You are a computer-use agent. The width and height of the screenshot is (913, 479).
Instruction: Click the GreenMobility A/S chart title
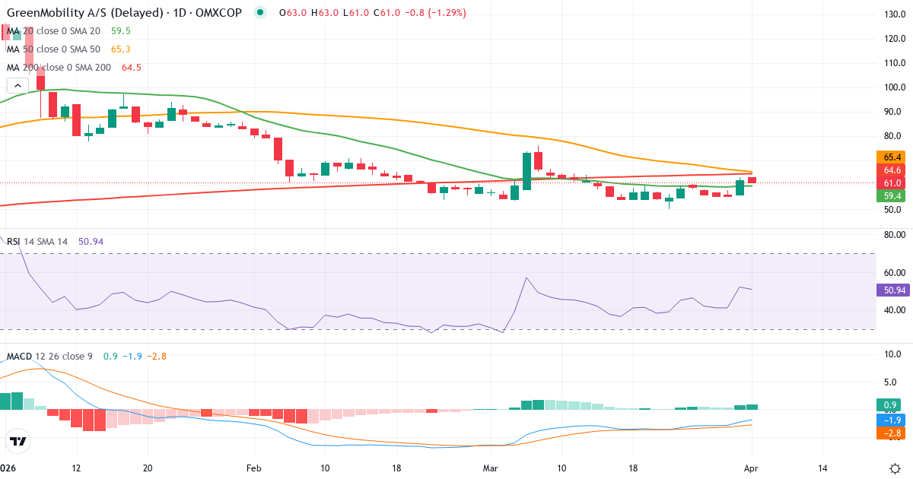(x=84, y=13)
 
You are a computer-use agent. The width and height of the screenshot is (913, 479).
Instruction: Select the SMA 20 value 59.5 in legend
(x=120, y=31)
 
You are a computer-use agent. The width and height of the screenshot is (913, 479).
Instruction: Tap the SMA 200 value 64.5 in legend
(x=131, y=67)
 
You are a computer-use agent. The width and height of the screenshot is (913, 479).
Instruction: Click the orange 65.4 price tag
(x=892, y=157)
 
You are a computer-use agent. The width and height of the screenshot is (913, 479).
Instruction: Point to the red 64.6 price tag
(x=892, y=170)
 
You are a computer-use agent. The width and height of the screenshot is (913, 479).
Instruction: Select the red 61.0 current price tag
(x=892, y=183)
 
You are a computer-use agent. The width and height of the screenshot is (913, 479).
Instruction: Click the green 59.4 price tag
(x=892, y=196)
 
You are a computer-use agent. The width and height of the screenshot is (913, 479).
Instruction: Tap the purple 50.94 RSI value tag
(x=892, y=290)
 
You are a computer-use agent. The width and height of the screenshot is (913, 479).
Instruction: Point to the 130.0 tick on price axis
(x=893, y=14)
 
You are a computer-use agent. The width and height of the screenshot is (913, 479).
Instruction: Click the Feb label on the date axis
(x=253, y=468)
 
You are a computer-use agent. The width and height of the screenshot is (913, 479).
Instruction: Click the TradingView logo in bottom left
(x=18, y=441)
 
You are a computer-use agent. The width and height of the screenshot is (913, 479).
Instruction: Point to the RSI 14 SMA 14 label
(x=38, y=241)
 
